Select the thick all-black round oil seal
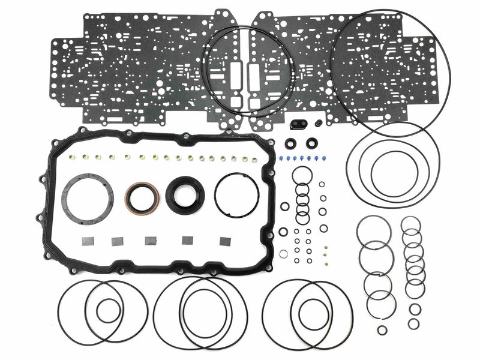174,194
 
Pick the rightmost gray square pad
226,241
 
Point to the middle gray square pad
151,241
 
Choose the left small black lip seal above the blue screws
291,144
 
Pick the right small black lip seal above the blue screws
313,144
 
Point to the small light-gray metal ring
283,254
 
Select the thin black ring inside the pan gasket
236,194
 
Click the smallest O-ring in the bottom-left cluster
109,310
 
